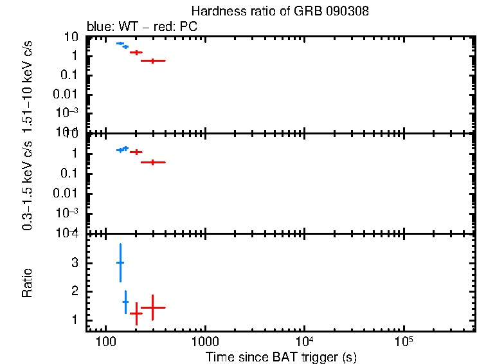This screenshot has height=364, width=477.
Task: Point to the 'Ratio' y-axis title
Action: (x=27, y=283)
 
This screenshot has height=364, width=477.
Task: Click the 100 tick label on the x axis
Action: (x=105, y=341)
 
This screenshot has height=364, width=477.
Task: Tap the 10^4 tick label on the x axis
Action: (x=303, y=341)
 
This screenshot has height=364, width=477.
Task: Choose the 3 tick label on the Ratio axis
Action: (x=75, y=263)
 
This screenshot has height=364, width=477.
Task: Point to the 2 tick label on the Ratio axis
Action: (x=75, y=291)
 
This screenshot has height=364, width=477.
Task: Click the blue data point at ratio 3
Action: (x=120, y=262)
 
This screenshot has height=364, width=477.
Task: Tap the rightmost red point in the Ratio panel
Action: (x=152, y=307)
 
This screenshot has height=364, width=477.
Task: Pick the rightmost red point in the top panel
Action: (x=152, y=60)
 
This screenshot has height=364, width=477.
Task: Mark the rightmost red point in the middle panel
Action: (x=152, y=162)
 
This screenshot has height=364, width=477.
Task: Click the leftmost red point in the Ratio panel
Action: (x=136, y=313)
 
